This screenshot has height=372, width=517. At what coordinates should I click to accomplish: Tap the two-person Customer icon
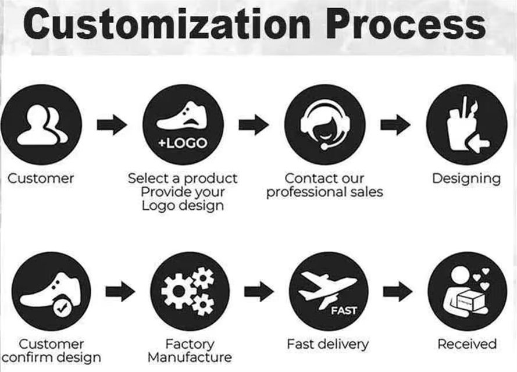pyautogui.click(x=41, y=124)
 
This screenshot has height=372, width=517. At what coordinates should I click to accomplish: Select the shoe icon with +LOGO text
pyautogui.click(x=183, y=124)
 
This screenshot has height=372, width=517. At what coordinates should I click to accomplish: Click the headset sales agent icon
pyautogui.click(x=325, y=124)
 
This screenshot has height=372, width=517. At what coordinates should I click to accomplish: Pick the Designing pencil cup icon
pyautogui.click(x=466, y=124)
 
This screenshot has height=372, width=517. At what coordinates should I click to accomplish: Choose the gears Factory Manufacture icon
pyautogui.click(x=190, y=291)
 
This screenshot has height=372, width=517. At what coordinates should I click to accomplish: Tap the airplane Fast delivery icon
pyautogui.click(x=329, y=291)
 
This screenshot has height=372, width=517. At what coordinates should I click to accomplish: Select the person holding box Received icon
pyautogui.click(x=467, y=291)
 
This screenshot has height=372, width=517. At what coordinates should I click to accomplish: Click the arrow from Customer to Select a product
pyautogui.click(x=112, y=124)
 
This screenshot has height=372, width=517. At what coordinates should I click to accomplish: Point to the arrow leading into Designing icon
pyautogui.click(x=395, y=124)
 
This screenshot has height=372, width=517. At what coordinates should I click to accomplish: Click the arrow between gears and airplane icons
pyautogui.click(x=259, y=291)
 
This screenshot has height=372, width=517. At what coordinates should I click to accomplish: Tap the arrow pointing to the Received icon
pyautogui.click(x=398, y=291)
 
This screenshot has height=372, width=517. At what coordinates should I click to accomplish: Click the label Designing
pyautogui.click(x=466, y=178)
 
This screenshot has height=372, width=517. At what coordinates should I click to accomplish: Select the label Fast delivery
pyautogui.click(x=327, y=344)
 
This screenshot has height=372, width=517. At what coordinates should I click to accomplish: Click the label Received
pyautogui.click(x=467, y=344)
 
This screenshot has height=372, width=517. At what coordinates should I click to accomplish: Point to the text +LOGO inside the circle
pyautogui.click(x=183, y=143)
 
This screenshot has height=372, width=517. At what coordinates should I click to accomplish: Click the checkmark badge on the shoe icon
pyautogui.click(x=62, y=308)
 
